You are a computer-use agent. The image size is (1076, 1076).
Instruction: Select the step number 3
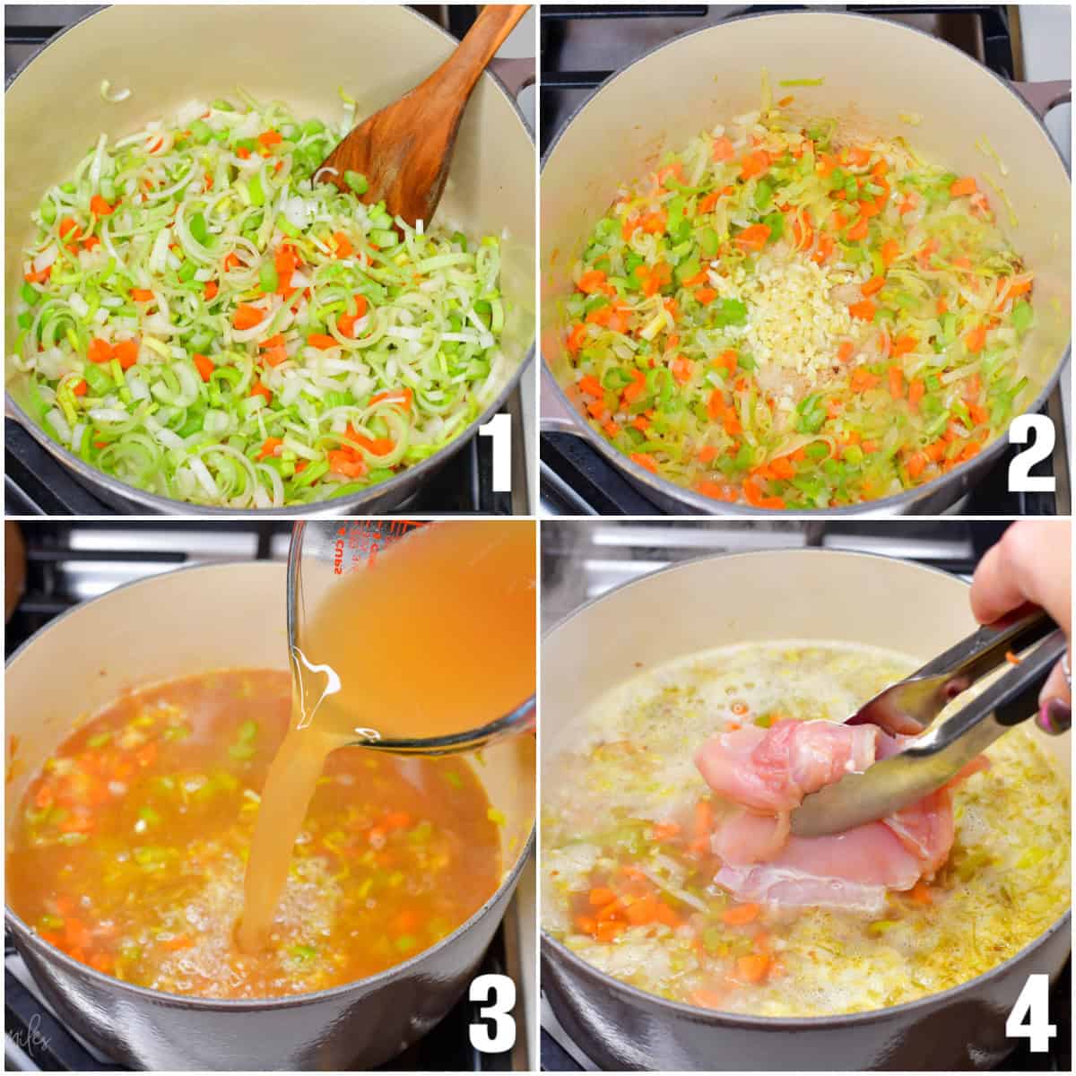click(x=492, y=1012)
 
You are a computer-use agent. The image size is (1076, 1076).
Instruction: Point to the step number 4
click(x=1030, y=1012)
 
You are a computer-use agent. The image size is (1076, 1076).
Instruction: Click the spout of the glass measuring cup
click(x=309, y=690)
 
